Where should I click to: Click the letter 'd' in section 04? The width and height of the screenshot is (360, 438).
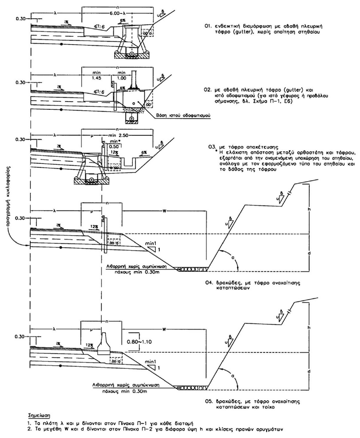[x=310, y=253]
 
